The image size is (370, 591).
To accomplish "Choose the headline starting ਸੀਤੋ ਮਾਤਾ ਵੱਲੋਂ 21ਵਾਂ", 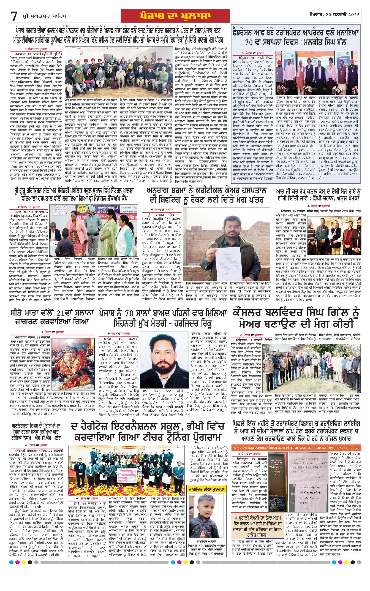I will tap(52, 317).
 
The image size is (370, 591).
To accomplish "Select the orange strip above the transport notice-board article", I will tap(296, 448).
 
